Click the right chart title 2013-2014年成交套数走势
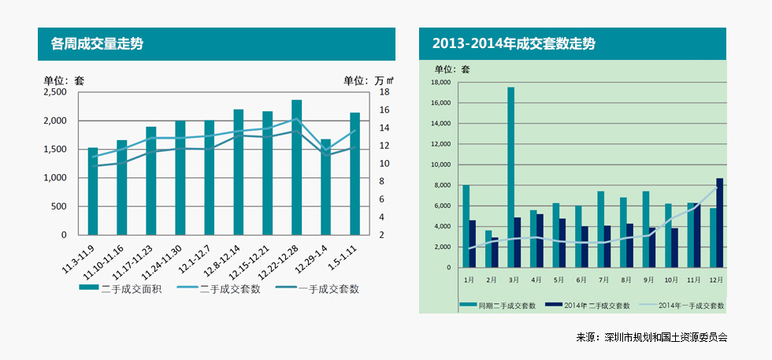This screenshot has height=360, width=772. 514,43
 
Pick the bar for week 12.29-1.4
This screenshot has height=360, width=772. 325,187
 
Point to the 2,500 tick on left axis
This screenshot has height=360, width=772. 55,92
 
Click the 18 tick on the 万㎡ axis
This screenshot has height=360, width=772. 384,92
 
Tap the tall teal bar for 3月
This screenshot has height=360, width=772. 510,177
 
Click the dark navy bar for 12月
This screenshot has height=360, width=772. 719,223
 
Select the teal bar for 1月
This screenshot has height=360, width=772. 466,226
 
